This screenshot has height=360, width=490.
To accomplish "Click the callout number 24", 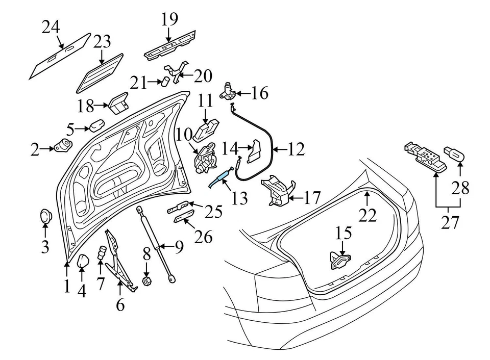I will (x=51, y=26).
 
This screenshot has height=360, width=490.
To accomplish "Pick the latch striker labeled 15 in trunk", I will (x=341, y=260).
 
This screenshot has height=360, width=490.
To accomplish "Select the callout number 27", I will (x=449, y=223).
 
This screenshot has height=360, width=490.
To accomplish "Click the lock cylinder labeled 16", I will (x=227, y=92).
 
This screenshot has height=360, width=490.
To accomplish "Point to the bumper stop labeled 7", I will (x=103, y=251).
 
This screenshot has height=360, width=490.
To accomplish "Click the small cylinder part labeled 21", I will (x=166, y=81).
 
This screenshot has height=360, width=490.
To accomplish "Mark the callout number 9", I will (x=178, y=247).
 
